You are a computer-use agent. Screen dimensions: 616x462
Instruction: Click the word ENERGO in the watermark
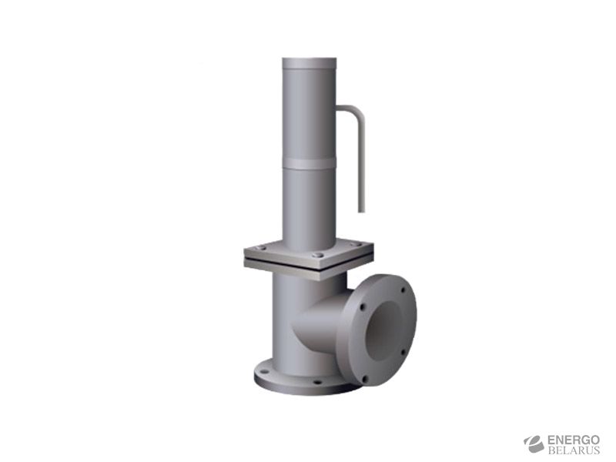click(x=573, y=440)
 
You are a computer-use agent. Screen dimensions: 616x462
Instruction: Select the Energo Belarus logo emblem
click(x=534, y=444)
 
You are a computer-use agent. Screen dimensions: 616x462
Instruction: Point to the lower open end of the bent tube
click(x=361, y=211)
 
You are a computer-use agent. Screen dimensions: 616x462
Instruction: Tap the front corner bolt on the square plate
click(x=319, y=256)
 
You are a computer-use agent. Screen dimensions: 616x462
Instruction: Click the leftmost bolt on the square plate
click(x=260, y=248)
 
